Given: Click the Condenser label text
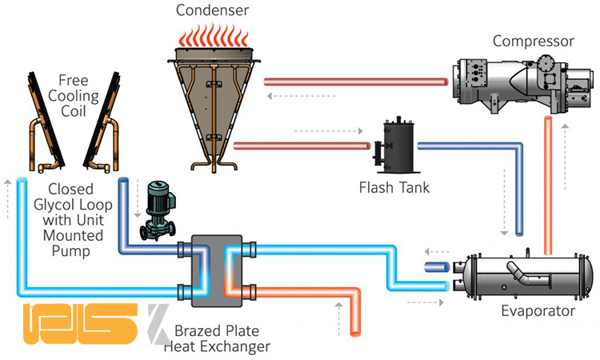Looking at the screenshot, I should tap(213, 12).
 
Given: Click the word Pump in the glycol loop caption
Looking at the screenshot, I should tap(65, 251).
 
